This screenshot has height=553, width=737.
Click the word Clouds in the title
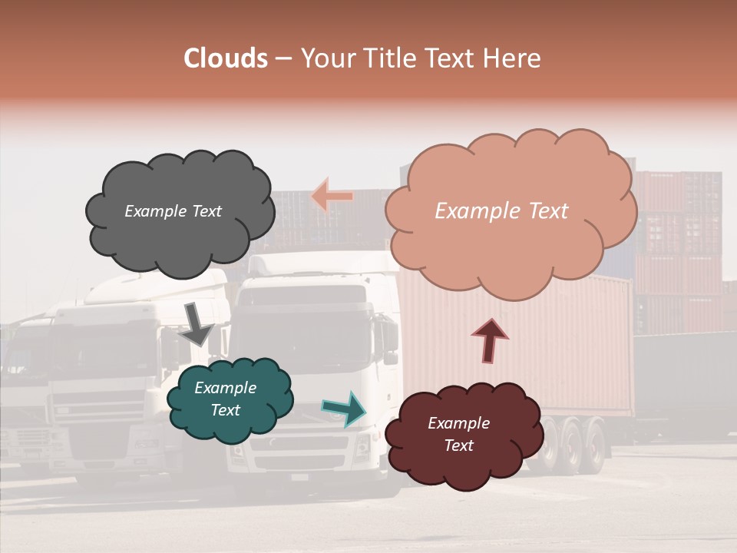click(x=226, y=58)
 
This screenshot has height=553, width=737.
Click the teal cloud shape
click(x=229, y=399)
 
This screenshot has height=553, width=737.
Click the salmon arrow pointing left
click(x=332, y=197)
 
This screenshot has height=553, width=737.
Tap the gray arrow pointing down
click(x=197, y=323)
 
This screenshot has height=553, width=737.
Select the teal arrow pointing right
click(x=344, y=409)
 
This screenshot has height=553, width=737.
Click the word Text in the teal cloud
click(x=226, y=410)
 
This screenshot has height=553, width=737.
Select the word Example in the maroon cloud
click(x=458, y=423)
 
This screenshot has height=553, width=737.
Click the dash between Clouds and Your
click(x=283, y=59)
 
